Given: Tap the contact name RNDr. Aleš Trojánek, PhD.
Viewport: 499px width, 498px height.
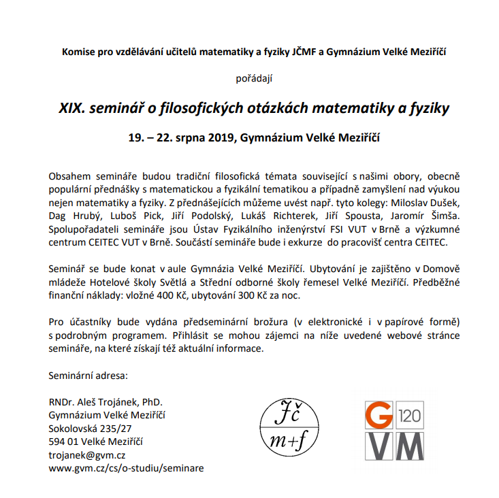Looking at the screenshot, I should tap(105, 402).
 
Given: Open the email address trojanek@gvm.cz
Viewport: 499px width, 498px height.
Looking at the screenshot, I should tap(87, 454).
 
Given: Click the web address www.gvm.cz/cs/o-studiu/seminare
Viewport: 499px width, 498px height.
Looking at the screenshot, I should tap(126, 468).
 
